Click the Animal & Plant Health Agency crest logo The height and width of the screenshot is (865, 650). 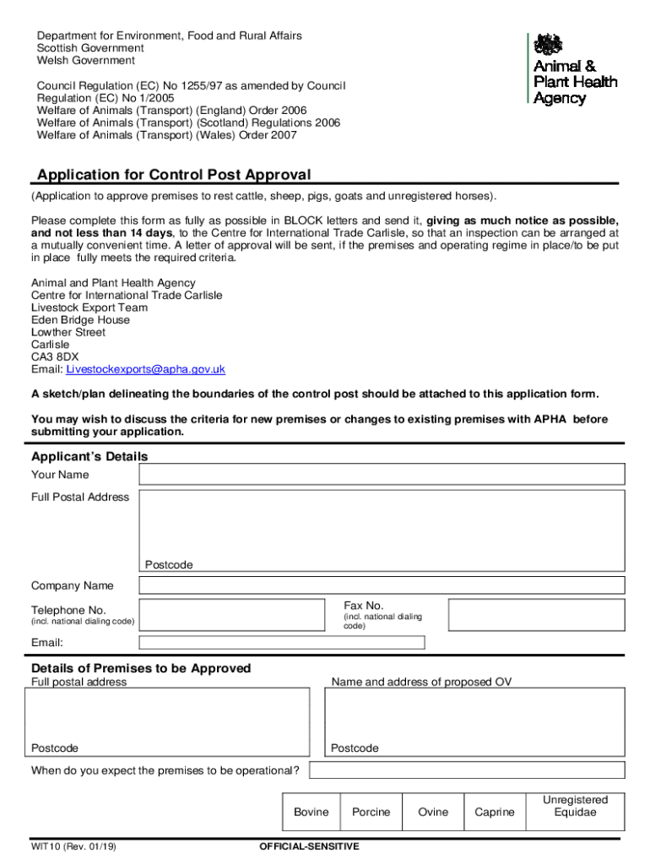click(550, 45)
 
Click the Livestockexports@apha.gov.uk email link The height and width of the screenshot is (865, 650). click(145, 369)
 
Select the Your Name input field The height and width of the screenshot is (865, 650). click(382, 475)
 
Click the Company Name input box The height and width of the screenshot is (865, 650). click(382, 585)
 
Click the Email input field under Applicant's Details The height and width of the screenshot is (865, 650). click(282, 643)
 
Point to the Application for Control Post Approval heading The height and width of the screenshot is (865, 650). click(174, 175)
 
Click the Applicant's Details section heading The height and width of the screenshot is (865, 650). click(89, 456)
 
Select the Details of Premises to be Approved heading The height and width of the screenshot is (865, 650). click(141, 668)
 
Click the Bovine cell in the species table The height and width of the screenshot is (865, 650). click(311, 812)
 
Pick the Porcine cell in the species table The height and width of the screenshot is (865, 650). click(371, 812)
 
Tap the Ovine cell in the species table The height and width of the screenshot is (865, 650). click(433, 812)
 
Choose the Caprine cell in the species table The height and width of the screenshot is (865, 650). click(494, 812)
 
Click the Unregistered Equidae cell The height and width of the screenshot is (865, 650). click(575, 806)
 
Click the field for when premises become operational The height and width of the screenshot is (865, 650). click(467, 770)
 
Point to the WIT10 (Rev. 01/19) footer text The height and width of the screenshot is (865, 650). click(73, 846)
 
